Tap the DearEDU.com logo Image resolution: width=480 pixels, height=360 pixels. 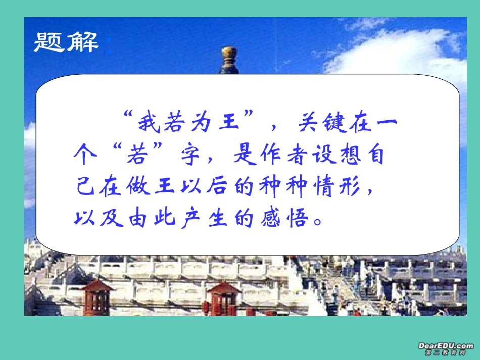445,348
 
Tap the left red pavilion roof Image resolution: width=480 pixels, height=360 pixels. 98,287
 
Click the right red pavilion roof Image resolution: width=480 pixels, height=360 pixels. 223,288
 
